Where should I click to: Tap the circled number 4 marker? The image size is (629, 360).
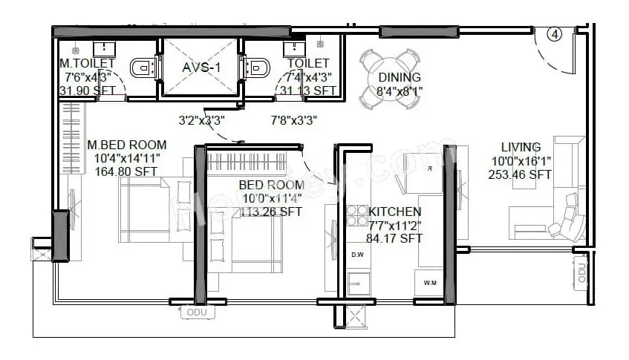[555, 33]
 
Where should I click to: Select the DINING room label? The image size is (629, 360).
[399, 77]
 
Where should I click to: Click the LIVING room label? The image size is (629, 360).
[521, 147]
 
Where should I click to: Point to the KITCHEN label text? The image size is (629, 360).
[395, 212]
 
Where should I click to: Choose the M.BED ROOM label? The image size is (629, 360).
[127, 145]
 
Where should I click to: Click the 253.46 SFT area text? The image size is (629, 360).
[520, 175]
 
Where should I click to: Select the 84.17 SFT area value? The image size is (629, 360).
[395, 238]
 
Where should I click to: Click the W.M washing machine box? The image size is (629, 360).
[430, 283]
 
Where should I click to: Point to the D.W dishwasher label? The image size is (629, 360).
[357, 255]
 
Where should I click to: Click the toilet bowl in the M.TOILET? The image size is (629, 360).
[141, 69]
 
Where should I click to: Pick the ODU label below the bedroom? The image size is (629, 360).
[197, 312]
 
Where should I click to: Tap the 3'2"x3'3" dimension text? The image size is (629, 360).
[201, 119]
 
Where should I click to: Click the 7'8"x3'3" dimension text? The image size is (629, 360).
[295, 119]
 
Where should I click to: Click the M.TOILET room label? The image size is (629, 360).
[88, 64]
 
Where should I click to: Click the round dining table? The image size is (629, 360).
[388, 76]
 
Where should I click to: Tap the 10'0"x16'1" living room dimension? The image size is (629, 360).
[521, 161]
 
